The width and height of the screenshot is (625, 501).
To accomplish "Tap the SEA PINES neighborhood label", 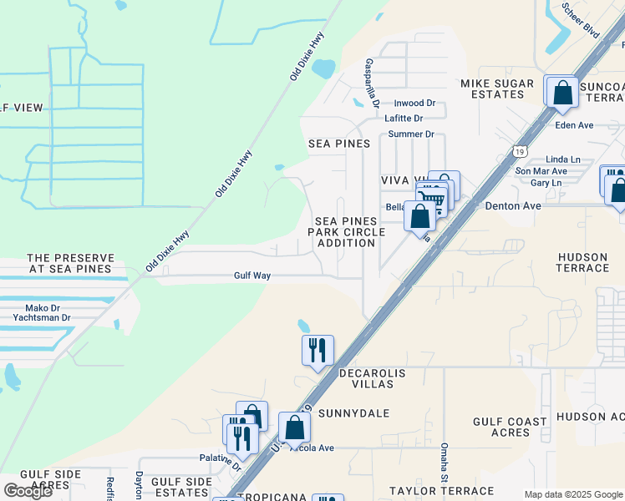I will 339,144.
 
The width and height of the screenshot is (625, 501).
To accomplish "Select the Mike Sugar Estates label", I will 492,89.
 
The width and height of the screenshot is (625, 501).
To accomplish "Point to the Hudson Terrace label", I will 582,262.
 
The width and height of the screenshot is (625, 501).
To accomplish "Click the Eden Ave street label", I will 574,125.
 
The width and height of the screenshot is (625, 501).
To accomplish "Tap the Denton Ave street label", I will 512,205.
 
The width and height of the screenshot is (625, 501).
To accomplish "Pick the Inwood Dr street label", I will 414,104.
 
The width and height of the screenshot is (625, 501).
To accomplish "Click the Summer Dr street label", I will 410,134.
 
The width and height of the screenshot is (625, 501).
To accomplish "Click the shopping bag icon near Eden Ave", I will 562,92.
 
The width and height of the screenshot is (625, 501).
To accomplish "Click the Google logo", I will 27,491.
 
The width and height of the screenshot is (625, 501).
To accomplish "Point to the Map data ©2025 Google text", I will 572,494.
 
